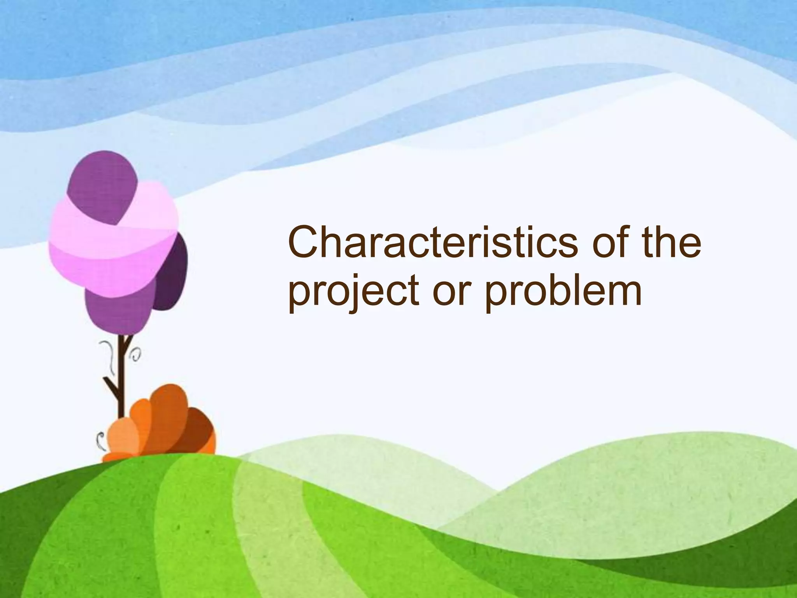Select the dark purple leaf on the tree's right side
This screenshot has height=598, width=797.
pyautogui.click(x=171, y=273)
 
